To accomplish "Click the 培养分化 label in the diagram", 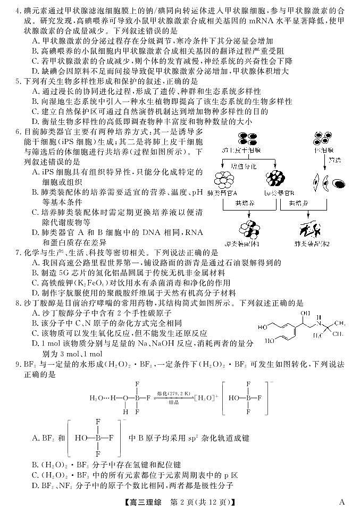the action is click(x=244, y=166).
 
